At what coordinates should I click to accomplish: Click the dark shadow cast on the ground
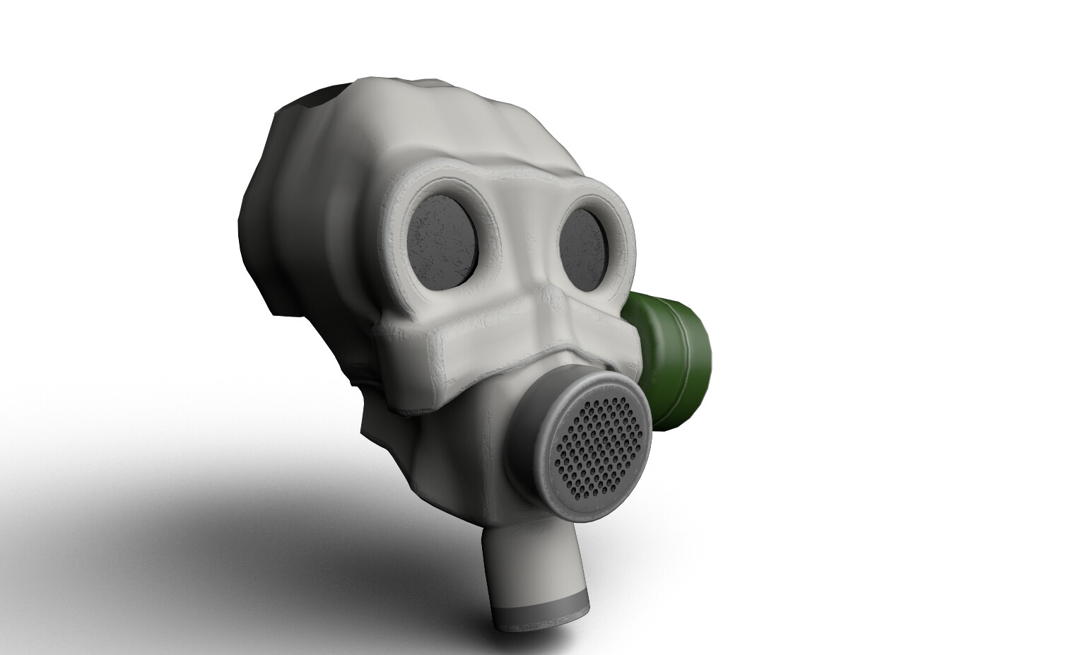click(177, 516)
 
